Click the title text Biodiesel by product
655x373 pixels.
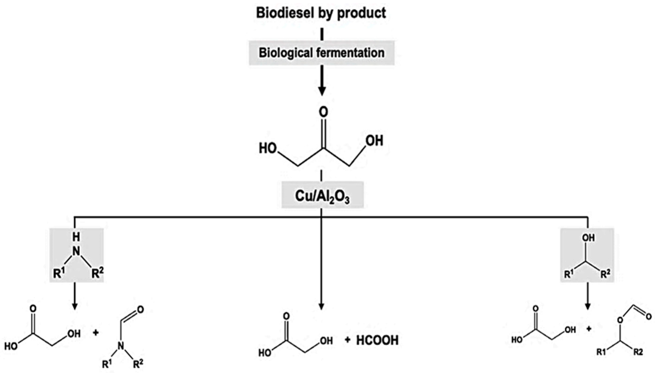tap(321, 13)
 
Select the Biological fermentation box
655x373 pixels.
tap(321, 53)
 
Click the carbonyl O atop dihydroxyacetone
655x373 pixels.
tap(323, 112)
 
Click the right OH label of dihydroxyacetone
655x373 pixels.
tap(374, 141)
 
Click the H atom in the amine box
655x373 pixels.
tap(76, 237)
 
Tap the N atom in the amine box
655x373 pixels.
tap(76, 251)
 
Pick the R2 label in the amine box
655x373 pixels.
tap(98, 274)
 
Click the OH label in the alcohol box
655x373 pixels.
tap(588, 238)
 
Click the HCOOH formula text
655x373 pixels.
tap(377, 340)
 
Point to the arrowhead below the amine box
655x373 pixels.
tap(75, 306)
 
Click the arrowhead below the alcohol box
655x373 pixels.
tap(588, 306)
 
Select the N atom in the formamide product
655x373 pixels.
tap(120, 346)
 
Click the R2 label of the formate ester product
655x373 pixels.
tap(638, 353)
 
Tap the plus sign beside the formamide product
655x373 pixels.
tap(96, 333)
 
